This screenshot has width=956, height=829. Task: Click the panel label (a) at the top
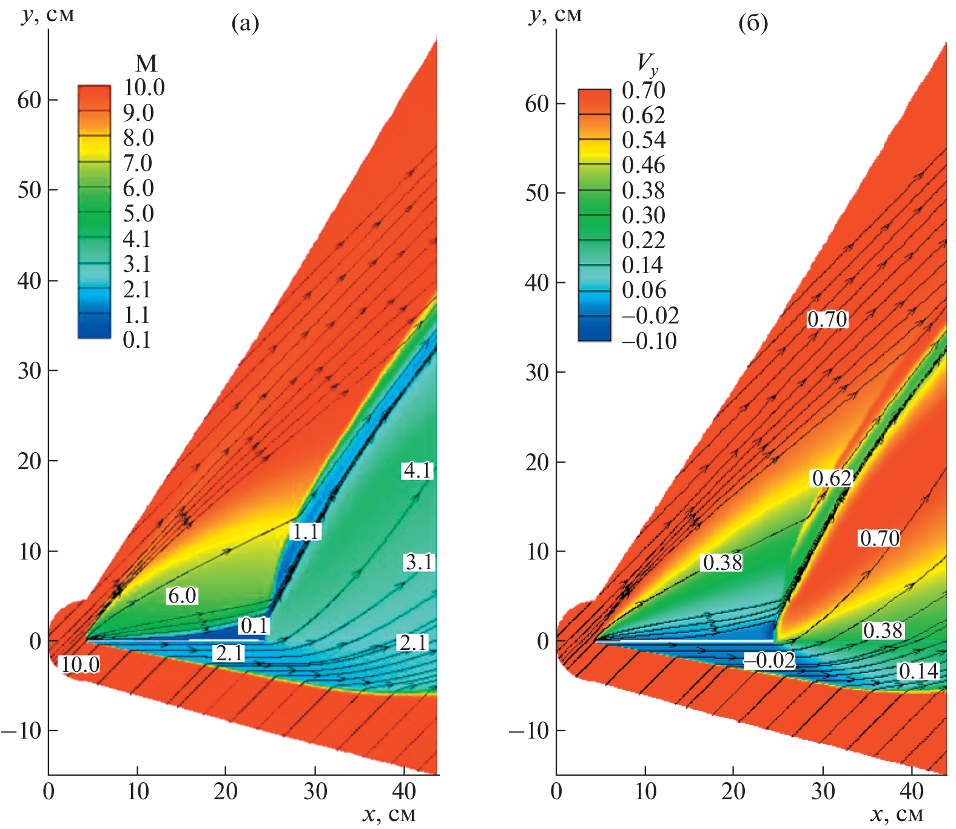click(x=245, y=24)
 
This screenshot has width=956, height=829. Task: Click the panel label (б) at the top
click(x=753, y=24)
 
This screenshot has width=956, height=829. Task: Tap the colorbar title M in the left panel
click(x=146, y=63)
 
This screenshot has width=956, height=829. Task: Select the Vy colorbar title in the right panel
click(x=647, y=63)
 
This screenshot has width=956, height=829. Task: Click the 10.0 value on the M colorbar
click(x=144, y=88)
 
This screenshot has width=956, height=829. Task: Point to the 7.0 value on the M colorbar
click(x=138, y=163)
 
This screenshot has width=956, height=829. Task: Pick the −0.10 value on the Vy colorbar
click(x=649, y=341)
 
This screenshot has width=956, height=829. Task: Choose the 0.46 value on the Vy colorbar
click(x=644, y=165)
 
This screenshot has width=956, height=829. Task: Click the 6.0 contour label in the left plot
click(x=182, y=595)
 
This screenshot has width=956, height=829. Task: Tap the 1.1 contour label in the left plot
click(x=305, y=532)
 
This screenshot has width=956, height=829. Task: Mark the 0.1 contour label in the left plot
click(x=254, y=625)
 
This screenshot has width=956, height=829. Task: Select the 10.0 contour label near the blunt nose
click(x=80, y=665)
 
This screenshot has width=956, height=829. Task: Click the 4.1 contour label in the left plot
click(x=418, y=470)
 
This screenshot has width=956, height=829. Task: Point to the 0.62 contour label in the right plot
click(x=832, y=478)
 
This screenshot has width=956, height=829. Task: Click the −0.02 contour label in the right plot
click(x=770, y=660)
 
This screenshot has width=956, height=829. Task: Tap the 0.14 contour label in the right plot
click(x=918, y=671)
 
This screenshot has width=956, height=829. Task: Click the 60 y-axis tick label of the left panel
click(x=29, y=100)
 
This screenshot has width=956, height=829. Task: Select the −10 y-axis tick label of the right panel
click(x=525, y=731)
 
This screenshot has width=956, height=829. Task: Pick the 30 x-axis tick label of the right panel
click(x=823, y=791)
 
